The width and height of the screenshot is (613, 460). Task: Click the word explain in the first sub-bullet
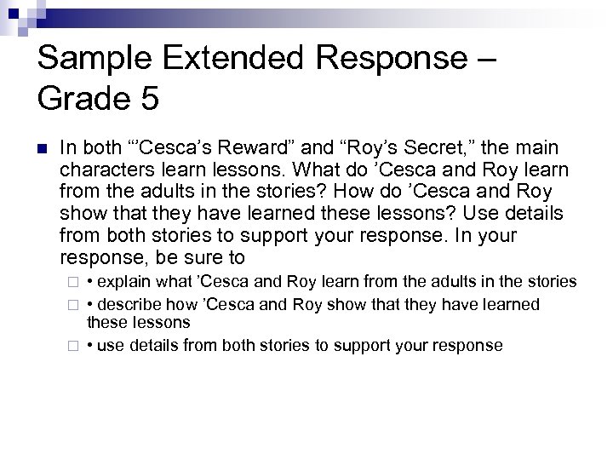click(122, 281)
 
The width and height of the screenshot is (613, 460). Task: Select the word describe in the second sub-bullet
click(127, 304)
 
